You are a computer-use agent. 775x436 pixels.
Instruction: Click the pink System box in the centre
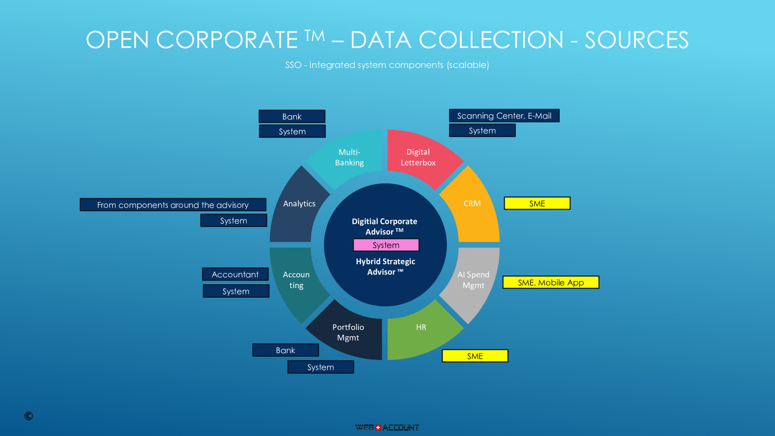tap(386, 245)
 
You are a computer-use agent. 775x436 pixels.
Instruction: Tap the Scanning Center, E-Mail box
tap(504, 116)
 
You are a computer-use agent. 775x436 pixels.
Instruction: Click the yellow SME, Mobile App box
tap(551, 282)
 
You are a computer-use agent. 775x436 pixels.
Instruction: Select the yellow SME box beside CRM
tap(537, 203)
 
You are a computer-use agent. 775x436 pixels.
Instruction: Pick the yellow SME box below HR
tap(475, 356)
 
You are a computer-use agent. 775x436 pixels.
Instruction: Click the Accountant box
tap(235, 274)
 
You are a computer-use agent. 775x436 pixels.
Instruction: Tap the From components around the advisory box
tap(173, 205)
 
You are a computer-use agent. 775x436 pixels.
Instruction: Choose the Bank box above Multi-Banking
tap(292, 117)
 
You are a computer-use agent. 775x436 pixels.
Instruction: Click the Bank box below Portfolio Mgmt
tap(285, 350)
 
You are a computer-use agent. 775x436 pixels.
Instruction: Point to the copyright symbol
tap(28, 416)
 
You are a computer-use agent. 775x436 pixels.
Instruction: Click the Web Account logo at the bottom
tap(387, 428)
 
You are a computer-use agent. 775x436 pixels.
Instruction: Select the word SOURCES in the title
tap(636, 40)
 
